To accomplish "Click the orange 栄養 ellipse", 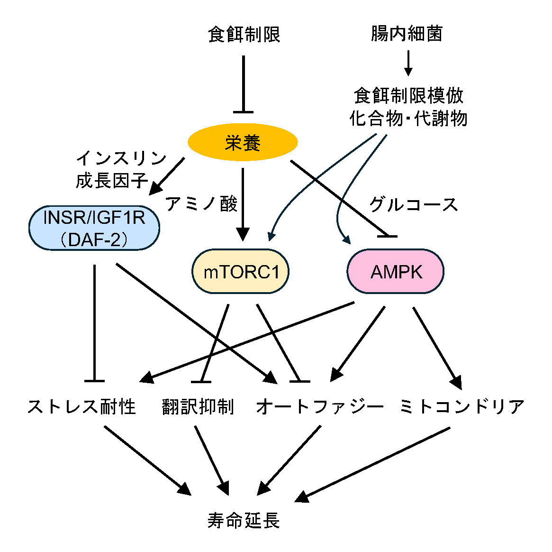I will (243, 142).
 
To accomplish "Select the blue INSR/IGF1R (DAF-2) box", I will (94, 228).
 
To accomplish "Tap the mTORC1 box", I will (240, 272).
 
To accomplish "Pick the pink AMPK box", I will (396, 272).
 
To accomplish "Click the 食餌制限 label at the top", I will (244, 35).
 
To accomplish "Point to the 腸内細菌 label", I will (407, 34).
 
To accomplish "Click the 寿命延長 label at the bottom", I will (244, 520).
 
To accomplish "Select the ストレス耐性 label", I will (82, 406).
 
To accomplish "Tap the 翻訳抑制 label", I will (198, 406).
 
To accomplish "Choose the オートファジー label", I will (320, 406).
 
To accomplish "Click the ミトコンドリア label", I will (462, 406).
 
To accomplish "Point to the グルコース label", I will (413, 204).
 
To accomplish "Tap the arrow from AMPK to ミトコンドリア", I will (436, 346).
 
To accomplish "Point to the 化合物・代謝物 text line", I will (408, 119).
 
